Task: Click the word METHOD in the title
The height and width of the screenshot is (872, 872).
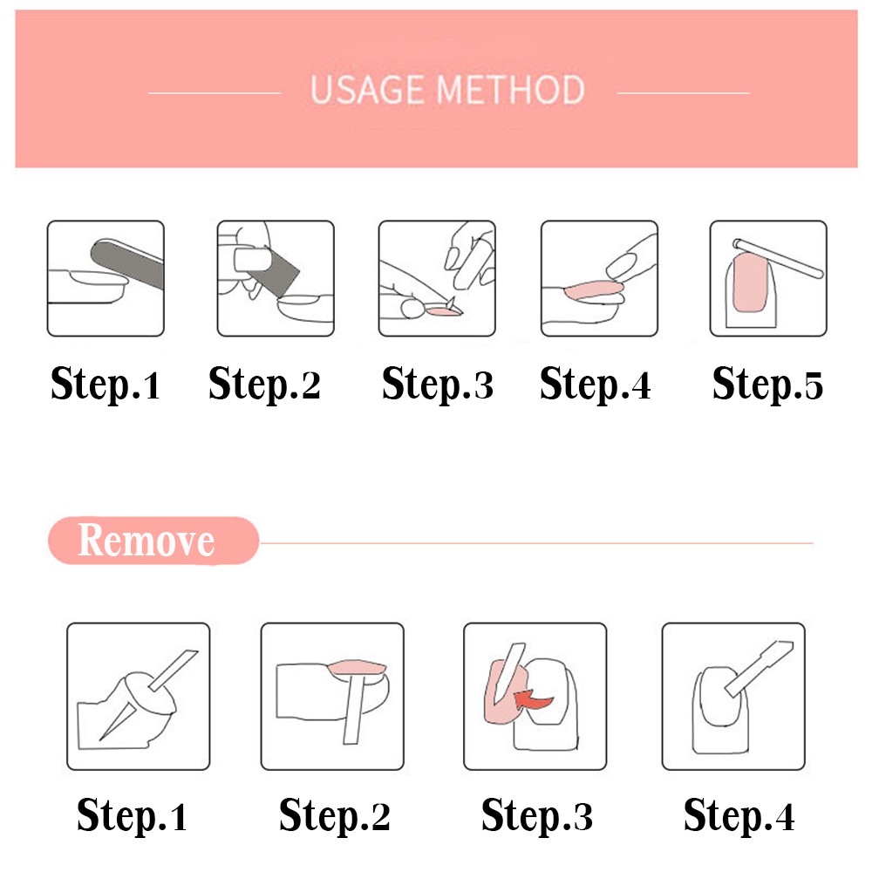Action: (x=512, y=91)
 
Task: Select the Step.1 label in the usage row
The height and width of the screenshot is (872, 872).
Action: (x=106, y=385)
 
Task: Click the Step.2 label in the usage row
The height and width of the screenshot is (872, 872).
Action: (x=264, y=385)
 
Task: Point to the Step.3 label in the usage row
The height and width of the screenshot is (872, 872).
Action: (x=437, y=385)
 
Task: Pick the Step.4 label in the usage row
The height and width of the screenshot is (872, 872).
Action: (x=596, y=385)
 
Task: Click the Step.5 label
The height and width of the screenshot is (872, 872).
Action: (x=767, y=385)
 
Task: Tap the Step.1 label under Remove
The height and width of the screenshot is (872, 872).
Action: (x=132, y=815)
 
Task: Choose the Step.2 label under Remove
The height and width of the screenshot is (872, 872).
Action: (x=334, y=815)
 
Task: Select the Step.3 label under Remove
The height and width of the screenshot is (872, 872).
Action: (x=536, y=815)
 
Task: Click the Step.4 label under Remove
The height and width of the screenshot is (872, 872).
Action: (x=739, y=815)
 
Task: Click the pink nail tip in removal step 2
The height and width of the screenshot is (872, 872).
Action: (x=358, y=668)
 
